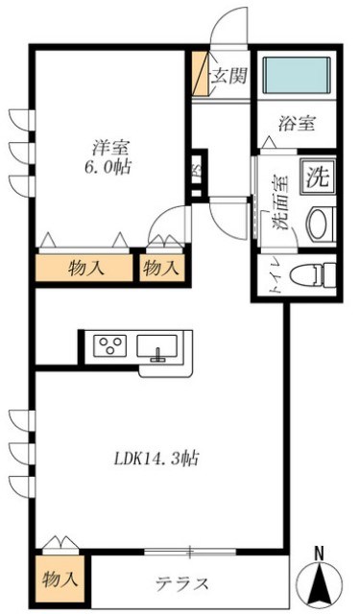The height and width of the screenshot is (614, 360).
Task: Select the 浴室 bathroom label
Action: [x=297, y=123]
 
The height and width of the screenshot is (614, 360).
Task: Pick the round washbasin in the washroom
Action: [x=319, y=224]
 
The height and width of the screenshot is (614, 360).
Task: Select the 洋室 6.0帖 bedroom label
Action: [x=111, y=156]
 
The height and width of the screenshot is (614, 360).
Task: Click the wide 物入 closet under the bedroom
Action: [x=85, y=270]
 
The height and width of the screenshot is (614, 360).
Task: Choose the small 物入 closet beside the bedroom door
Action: [x=161, y=270]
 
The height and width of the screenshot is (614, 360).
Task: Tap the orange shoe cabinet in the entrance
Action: [x=199, y=74]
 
